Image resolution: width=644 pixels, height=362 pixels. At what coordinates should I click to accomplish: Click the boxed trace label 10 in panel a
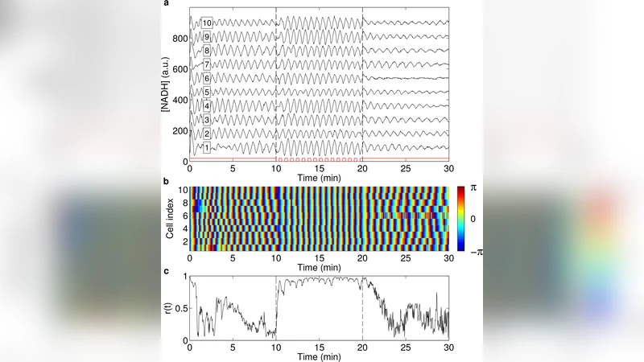[x=207, y=23]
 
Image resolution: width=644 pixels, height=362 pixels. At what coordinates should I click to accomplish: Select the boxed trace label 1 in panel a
[x=207, y=148]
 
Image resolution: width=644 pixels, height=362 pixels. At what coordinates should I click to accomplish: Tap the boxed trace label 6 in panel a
[x=207, y=78]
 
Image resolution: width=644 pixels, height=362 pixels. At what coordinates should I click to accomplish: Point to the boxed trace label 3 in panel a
[x=207, y=120]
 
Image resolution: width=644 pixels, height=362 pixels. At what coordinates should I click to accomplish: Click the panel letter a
[x=166, y=5]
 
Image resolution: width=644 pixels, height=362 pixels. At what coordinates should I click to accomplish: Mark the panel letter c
[x=166, y=270]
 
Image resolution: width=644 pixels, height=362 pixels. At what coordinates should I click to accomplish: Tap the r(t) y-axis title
[x=167, y=306]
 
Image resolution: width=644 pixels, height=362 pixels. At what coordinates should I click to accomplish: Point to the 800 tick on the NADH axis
[x=177, y=39]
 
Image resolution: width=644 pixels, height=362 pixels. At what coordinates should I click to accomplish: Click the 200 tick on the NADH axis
[x=177, y=131]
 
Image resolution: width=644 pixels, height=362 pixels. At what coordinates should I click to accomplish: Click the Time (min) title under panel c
[x=320, y=355]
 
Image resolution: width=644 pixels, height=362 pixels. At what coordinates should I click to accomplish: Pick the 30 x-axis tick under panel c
[x=449, y=347]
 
